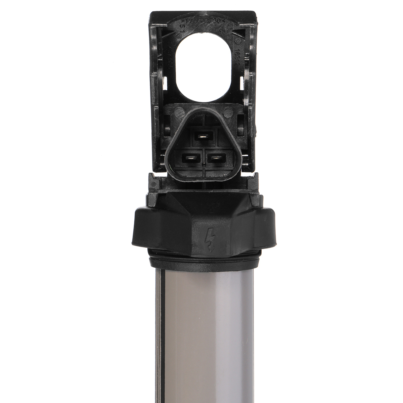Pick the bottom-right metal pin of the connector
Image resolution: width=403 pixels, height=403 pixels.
coord(216,157)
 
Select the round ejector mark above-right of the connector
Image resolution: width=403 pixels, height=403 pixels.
coord(228,111)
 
